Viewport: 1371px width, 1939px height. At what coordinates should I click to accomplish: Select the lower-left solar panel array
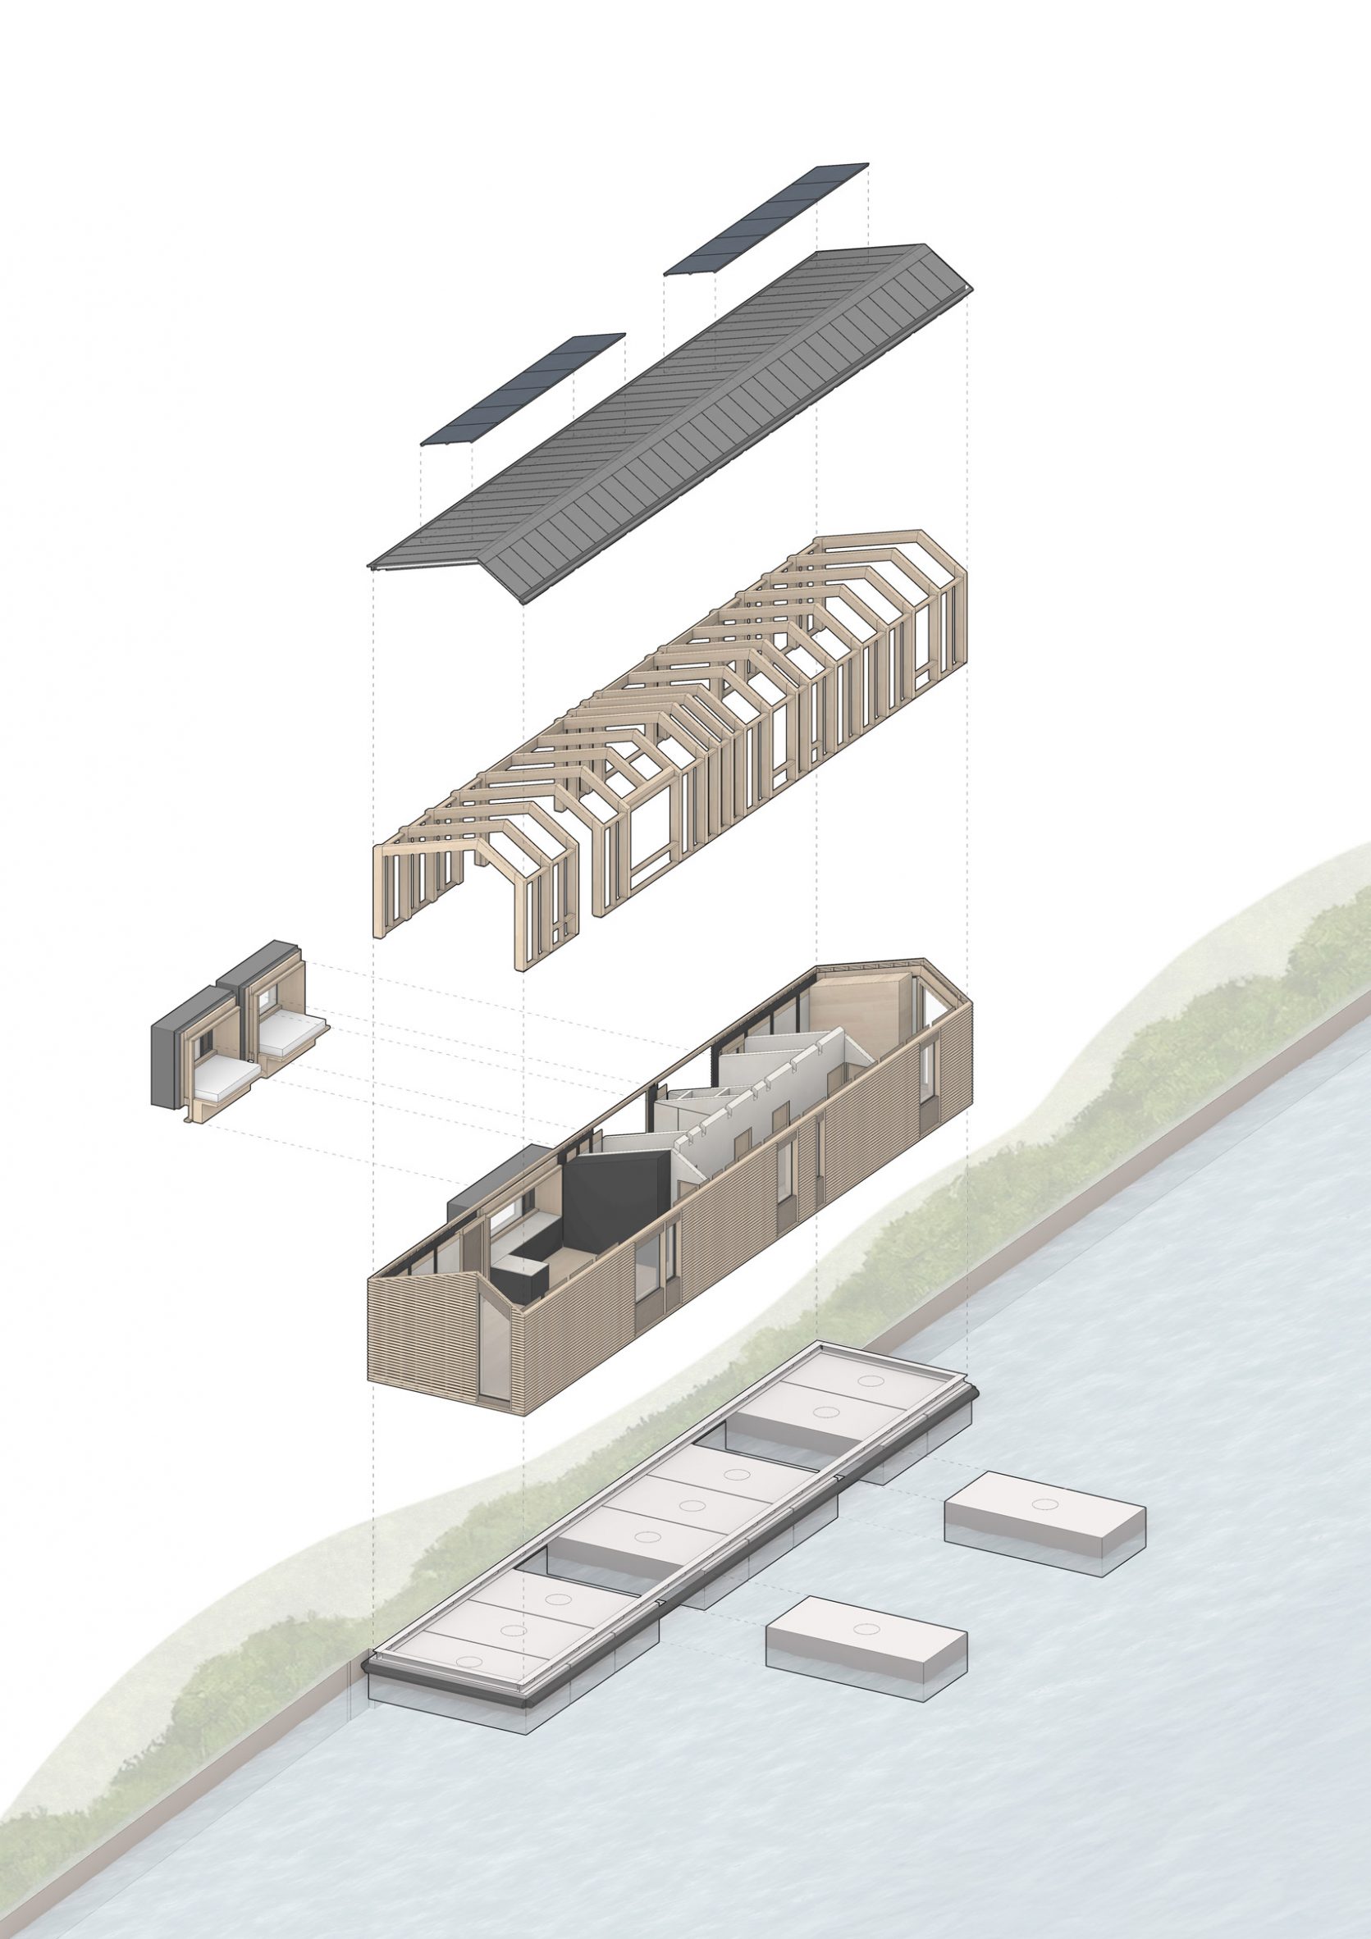pos(523,389)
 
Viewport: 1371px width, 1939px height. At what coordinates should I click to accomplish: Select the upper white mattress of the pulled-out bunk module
pos(291,1034)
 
